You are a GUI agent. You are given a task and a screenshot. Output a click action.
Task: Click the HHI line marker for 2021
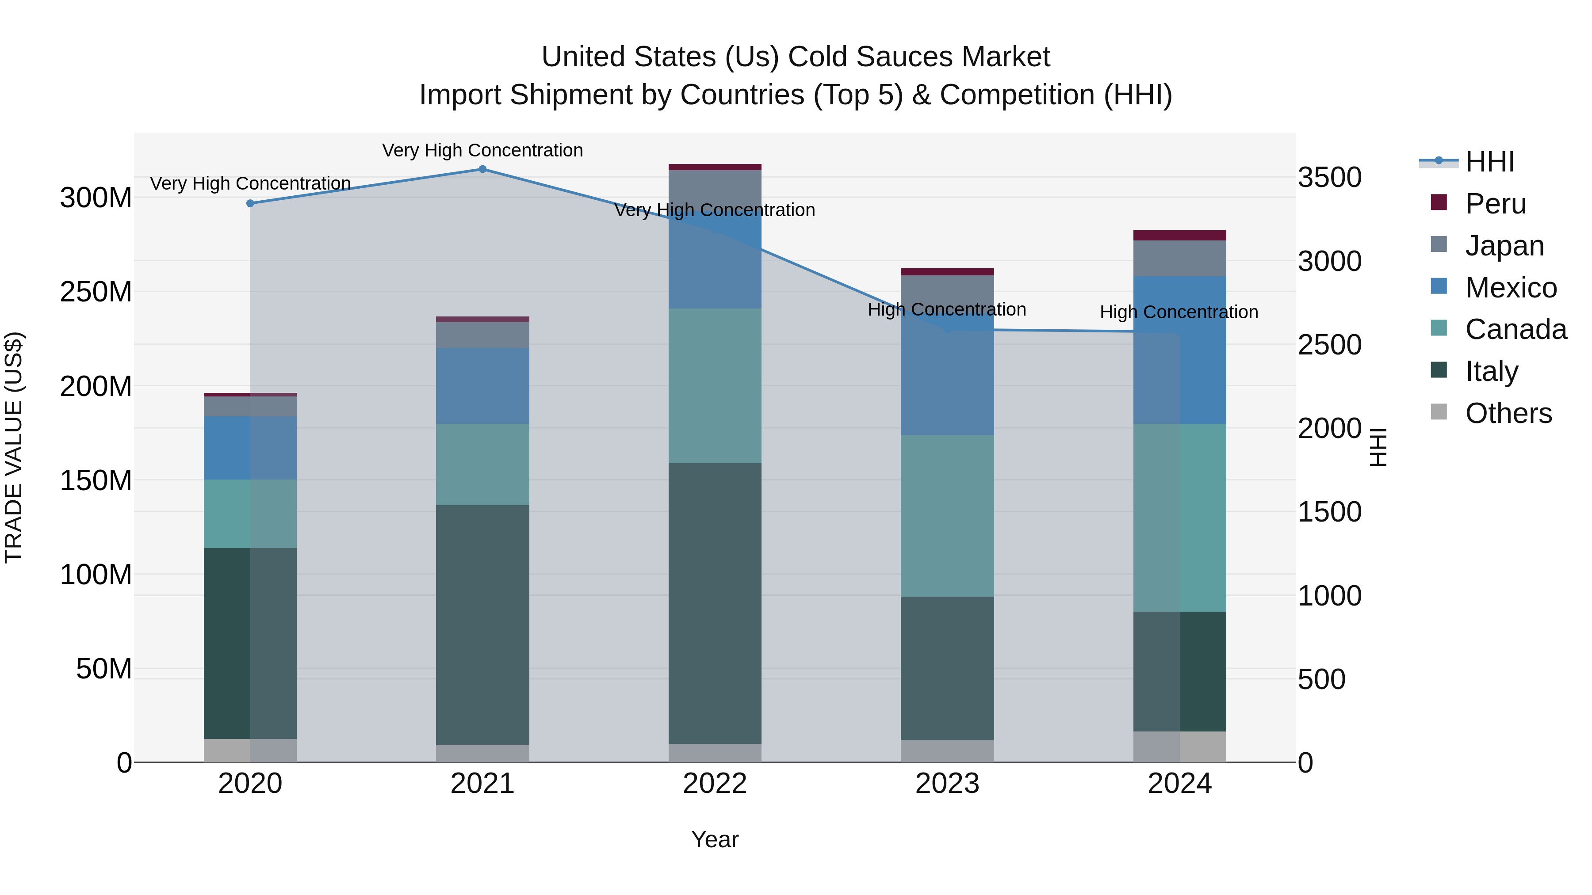tap(482, 169)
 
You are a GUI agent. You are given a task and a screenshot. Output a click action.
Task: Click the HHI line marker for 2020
tap(250, 203)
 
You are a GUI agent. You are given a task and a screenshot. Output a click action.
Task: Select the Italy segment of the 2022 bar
tap(715, 603)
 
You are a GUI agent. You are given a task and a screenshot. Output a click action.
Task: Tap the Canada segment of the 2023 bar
tap(947, 515)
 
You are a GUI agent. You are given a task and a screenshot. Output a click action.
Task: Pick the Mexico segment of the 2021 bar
tap(482, 385)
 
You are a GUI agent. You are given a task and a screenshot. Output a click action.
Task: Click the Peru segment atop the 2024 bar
tap(1180, 235)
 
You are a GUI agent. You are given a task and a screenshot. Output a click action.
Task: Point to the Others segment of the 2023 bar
tap(947, 751)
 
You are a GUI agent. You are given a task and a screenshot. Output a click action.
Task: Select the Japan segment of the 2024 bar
tap(1180, 258)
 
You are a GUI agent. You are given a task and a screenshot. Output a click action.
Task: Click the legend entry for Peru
tap(1496, 203)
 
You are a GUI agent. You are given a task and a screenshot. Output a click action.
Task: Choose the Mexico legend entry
tap(1511, 287)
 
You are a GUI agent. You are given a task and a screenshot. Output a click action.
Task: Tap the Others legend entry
tap(1508, 413)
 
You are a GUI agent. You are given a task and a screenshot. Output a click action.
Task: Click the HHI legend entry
tap(1489, 162)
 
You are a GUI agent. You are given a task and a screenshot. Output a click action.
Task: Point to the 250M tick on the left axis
tap(96, 292)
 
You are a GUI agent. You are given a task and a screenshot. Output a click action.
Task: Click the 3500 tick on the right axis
tap(1329, 177)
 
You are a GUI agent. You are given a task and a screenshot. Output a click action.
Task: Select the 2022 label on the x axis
tap(715, 784)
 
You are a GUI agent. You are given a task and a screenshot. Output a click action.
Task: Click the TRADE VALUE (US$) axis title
tap(14, 447)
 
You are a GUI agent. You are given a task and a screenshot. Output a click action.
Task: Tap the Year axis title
tap(715, 839)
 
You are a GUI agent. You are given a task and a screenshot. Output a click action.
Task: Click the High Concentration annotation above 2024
tap(1179, 312)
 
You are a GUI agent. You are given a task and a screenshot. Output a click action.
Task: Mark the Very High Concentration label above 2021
tap(482, 150)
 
